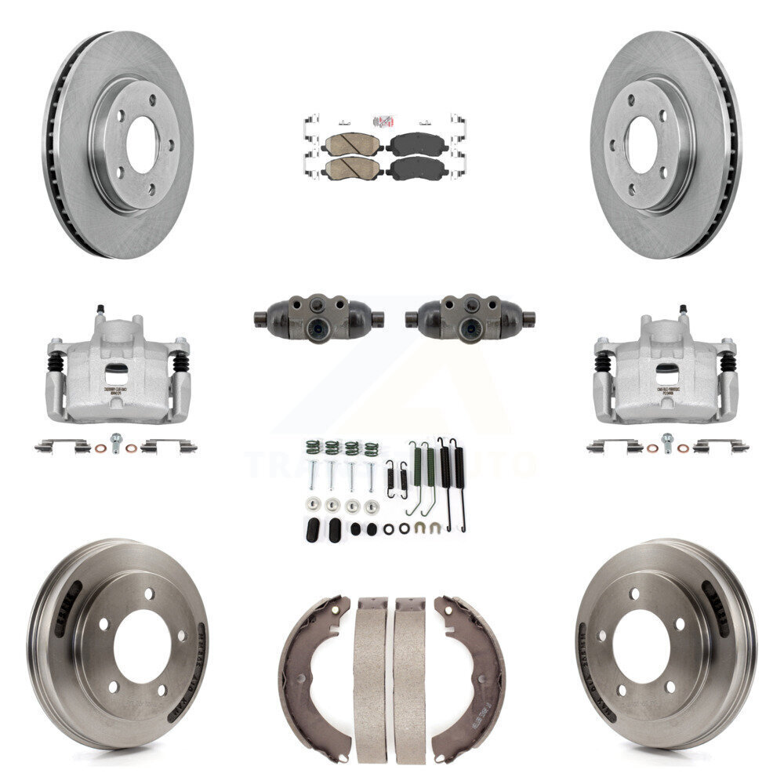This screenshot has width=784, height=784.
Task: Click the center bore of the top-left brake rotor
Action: click(142, 145)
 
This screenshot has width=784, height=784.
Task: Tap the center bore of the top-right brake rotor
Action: click(641, 145)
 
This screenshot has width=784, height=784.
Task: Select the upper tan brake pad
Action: click(352, 143)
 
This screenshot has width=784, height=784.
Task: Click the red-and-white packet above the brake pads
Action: click(383, 121)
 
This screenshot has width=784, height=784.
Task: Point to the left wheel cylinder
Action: click(318, 318)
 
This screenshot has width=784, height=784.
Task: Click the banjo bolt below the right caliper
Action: click(667, 442)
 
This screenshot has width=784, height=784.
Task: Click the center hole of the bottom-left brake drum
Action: click(142, 646)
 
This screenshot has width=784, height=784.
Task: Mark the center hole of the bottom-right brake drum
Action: click(641, 646)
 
